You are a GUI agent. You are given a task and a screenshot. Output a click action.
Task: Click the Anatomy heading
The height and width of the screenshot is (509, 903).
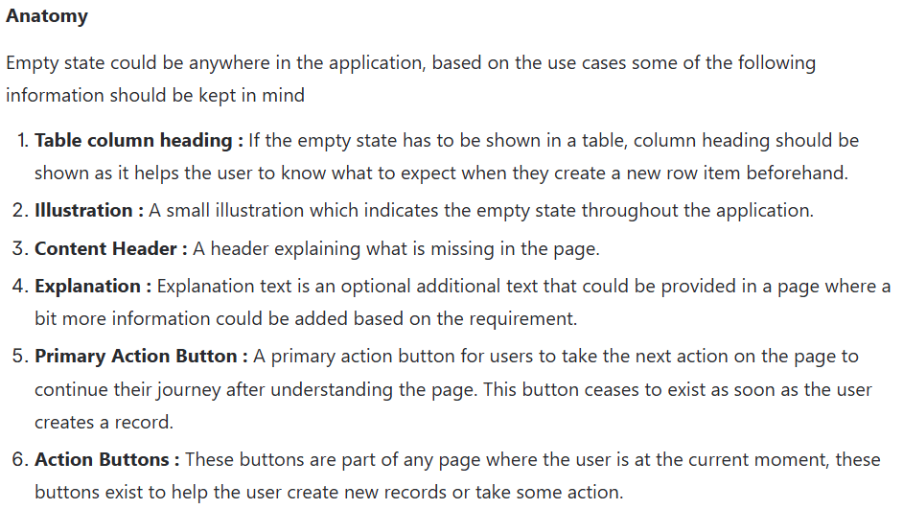pos(47,16)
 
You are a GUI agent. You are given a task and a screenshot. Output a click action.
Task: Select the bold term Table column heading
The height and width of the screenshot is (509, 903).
pos(133,141)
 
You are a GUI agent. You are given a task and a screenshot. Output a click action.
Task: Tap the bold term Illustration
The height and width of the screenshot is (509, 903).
pos(83,211)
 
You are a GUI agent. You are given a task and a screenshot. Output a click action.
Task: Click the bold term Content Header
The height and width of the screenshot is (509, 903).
pos(105,248)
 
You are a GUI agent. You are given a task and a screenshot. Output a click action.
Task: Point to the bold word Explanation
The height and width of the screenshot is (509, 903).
pos(87,287)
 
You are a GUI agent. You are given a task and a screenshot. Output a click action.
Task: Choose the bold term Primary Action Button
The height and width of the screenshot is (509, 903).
pos(136,357)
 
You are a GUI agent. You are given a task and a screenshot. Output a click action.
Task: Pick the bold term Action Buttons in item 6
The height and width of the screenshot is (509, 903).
pos(102,459)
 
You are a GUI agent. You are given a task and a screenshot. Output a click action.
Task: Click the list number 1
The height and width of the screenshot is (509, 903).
pos(22,141)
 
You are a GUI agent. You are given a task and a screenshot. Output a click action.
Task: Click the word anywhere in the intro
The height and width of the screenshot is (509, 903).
pos(229,63)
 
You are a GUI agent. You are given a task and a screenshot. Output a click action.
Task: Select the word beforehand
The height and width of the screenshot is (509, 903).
pos(797,173)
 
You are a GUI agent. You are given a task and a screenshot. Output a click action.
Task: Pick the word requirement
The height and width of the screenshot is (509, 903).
pos(523,319)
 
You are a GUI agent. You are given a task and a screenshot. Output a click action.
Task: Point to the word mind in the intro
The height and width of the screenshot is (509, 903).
pos(283,95)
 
